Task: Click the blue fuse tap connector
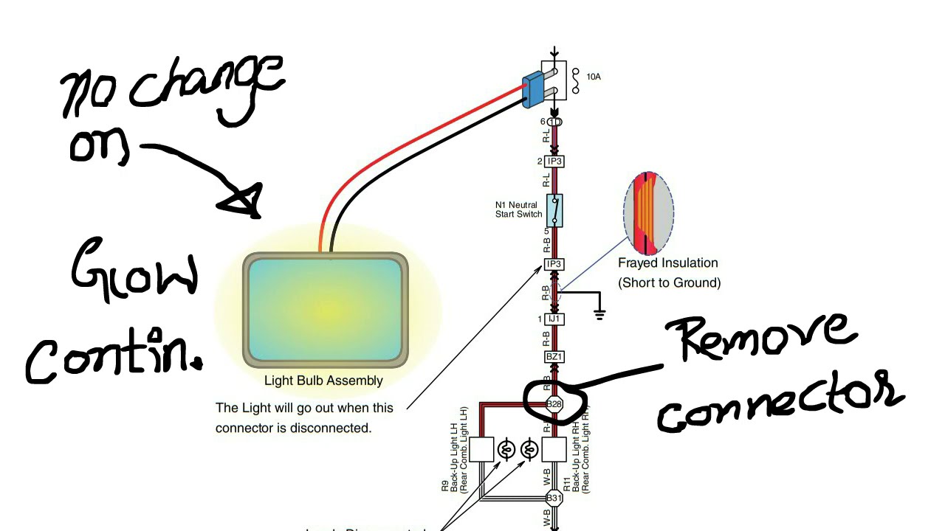click(534, 91)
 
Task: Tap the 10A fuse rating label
click(593, 77)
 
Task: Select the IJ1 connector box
click(554, 319)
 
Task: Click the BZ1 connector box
click(554, 357)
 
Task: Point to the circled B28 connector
click(554, 404)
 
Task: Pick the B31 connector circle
click(554, 498)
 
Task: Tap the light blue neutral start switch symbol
click(554, 210)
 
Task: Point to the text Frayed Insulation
click(667, 263)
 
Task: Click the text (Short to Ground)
click(669, 282)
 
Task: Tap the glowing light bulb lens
click(326, 309)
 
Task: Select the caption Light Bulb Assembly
click(323, 381)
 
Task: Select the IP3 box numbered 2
click(554, 162)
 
